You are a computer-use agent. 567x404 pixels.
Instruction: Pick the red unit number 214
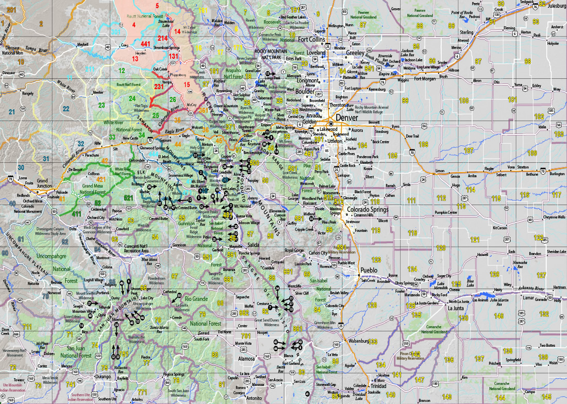163,38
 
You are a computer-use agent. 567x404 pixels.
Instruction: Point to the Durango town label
103,377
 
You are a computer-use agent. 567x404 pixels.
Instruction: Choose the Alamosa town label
246,358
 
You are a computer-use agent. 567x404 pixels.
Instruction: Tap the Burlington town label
557,174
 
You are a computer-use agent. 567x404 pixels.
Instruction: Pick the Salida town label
253,244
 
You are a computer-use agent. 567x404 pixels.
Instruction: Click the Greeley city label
355,53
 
